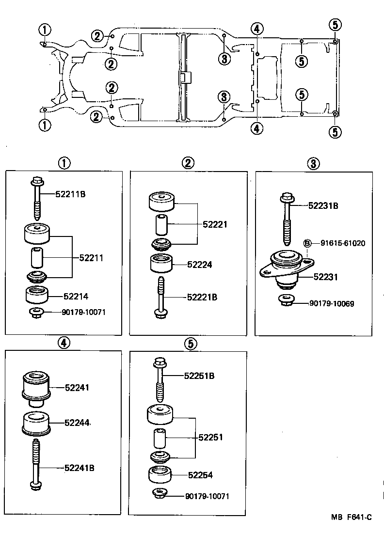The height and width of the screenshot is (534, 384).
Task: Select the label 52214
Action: click(x=75, y=296)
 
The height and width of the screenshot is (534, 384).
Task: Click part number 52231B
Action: click(x=323, y=205)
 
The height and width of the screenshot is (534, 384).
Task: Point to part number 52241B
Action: click(x=79, y=468)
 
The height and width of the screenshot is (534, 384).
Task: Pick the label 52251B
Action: click(x=199, y=376)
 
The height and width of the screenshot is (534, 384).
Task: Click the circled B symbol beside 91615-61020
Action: click(x=307, y=243)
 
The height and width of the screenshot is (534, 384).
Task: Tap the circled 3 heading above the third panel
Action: click(x=313, y=164)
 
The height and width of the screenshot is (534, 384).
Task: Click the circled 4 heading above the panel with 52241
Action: click(x=64, y=343)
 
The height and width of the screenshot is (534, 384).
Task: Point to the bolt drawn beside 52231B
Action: click(x=286, y=218)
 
